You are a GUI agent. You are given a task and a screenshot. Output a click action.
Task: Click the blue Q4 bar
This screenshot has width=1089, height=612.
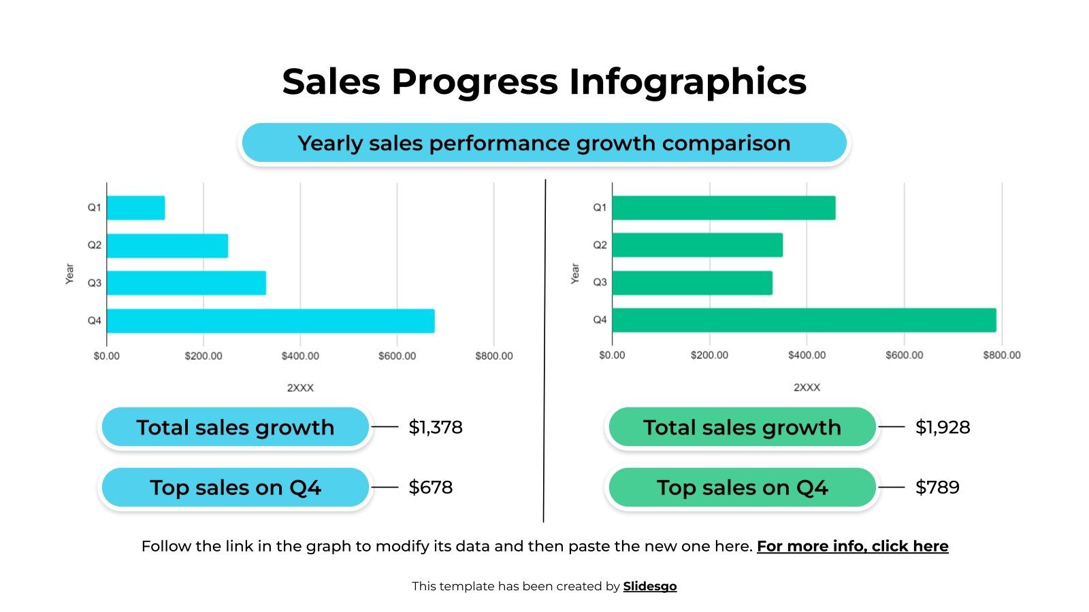270,321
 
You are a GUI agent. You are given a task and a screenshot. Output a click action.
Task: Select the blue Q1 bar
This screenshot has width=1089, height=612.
135,208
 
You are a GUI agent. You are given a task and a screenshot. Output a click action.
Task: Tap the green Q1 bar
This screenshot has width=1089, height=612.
724,208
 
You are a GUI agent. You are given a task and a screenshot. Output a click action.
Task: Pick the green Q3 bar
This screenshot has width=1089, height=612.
692,283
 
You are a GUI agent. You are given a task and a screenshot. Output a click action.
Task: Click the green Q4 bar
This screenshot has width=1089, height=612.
804,320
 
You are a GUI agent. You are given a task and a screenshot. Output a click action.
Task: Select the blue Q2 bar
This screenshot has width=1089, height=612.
167,245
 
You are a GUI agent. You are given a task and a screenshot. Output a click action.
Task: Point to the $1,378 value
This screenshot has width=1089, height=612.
436,427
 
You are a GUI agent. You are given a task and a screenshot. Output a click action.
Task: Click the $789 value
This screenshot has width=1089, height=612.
937,487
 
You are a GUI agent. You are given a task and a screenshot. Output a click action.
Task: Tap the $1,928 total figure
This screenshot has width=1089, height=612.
943,427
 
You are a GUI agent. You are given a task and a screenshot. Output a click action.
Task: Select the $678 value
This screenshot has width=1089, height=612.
430,487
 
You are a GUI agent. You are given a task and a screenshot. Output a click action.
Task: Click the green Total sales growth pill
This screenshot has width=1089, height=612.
742,427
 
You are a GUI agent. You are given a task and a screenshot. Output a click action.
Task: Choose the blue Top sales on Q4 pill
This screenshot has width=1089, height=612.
235,487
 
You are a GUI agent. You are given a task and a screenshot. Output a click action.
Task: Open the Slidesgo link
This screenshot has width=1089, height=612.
650,586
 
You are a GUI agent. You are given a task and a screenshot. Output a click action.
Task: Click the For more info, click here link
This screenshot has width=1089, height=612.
852,546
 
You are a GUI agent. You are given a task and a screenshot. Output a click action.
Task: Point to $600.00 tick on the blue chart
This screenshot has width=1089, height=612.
397,356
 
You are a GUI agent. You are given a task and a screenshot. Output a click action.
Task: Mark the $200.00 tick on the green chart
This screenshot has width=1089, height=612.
709,355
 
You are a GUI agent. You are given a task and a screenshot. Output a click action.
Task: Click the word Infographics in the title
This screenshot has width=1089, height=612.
687,82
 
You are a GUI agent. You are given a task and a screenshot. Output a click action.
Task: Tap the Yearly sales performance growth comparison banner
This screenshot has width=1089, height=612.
544,143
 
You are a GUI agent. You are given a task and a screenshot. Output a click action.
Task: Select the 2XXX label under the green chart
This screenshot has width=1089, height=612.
807,387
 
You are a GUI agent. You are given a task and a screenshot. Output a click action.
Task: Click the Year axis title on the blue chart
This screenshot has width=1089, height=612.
69,273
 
